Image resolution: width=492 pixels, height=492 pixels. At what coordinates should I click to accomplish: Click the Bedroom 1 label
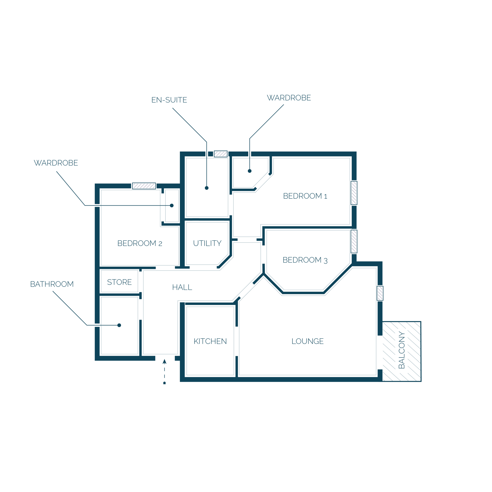pos(305,196)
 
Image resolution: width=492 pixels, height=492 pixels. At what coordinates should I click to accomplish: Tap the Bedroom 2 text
pos(140,244)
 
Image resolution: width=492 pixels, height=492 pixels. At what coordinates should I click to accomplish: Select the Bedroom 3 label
pos(305,260)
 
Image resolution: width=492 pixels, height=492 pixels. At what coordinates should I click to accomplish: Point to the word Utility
pos(207,244)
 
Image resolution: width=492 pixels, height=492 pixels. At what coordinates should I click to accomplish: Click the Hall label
pos(182,288)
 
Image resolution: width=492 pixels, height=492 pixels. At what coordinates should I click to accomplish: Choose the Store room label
pos(120,282)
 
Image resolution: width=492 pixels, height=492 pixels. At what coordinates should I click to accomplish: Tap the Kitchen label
pos(210,341)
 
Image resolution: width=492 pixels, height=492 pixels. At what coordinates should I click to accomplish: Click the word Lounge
pos(308,341)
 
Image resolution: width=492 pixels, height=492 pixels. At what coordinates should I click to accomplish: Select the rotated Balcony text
pos(402,350)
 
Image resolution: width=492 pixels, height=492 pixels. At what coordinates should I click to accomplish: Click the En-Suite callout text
pos(169,100)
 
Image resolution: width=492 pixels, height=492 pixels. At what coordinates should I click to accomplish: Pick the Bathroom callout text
pos(52,284)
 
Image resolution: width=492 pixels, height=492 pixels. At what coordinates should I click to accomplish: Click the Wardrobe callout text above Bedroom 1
pos(289,98)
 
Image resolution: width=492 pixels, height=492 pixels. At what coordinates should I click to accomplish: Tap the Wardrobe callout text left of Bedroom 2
pos(56,163)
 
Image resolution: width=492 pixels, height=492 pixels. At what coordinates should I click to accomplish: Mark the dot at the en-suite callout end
pos(207,188)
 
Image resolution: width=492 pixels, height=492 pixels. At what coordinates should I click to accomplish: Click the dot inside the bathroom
pos(119,325)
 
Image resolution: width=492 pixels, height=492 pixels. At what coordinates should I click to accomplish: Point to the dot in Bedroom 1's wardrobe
pos(249,171)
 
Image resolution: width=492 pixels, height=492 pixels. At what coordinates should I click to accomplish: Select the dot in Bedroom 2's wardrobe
pos(172,205)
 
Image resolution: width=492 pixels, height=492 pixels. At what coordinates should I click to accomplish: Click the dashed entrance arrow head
pos(165,362)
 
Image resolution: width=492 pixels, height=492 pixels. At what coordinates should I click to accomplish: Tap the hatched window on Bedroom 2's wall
pos(144,186)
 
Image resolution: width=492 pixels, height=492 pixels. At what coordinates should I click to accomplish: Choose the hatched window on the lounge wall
pos(380,293)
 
